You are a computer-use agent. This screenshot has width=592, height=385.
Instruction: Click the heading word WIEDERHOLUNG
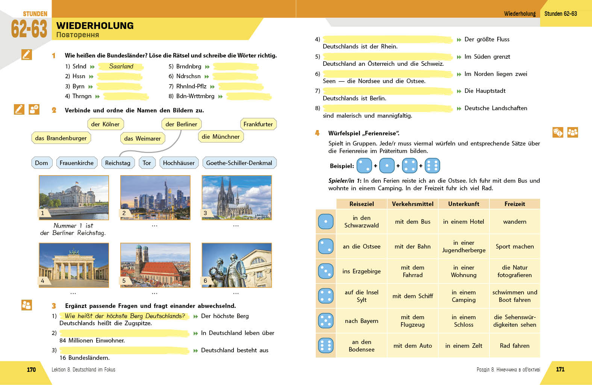point(95,26)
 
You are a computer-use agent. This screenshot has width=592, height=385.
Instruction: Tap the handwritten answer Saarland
point(121,66)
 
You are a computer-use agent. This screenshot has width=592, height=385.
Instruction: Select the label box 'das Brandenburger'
point(61,138)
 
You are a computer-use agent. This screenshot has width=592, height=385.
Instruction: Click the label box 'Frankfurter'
point(258,124)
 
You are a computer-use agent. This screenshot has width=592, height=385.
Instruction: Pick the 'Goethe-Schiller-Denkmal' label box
point(239,163)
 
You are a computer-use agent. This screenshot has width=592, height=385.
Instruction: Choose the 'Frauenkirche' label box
point(77,163)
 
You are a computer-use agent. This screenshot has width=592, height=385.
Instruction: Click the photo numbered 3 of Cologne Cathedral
point(236,197)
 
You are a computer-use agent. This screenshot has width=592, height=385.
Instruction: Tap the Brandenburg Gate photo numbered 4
point(74,265)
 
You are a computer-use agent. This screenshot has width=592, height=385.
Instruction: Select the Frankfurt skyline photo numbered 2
point(155,197)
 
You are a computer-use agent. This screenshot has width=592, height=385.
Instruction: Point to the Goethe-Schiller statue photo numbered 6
point(236,265)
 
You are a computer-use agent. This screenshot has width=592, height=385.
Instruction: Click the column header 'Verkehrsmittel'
point(412,204)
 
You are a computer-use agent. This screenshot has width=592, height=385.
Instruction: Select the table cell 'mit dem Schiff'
point(412,296)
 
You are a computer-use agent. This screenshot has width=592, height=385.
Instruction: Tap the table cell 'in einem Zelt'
point(463,346)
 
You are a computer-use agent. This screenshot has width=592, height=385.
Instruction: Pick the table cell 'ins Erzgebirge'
point(361,271)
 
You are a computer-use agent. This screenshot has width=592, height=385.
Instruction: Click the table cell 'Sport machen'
point(515,246)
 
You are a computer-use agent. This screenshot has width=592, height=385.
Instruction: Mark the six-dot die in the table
point(326,346)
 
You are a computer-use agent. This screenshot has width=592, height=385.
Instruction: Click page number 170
point(31,370)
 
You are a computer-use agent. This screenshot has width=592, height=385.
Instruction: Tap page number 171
point(560,369)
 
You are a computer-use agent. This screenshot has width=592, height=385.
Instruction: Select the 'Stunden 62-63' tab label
point(560,14)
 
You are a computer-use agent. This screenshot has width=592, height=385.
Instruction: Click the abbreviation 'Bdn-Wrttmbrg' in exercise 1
point(195,96)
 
